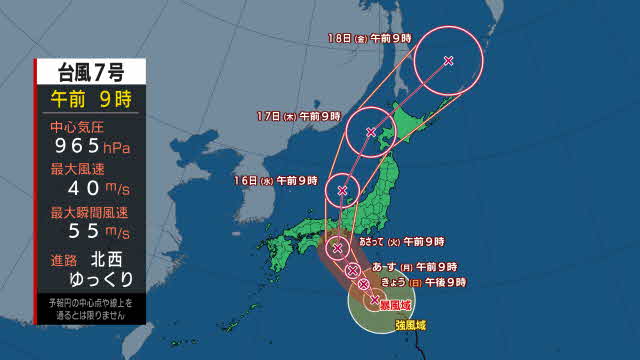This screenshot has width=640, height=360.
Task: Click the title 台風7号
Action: pyautogui.click(x=90, y=71)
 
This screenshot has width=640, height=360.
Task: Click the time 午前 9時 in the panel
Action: pyautogui.click(x=90, y=99)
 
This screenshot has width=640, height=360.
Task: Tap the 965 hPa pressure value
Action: pyautogui.click(x=90, y=148)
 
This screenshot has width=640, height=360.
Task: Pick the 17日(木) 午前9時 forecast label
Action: pyautogui.click(x=299, y=116)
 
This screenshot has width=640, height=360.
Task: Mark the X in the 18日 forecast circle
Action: pyautogui.click(x=448, y=61)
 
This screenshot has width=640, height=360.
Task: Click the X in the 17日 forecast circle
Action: pyautogui.click(x=371, y=132)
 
